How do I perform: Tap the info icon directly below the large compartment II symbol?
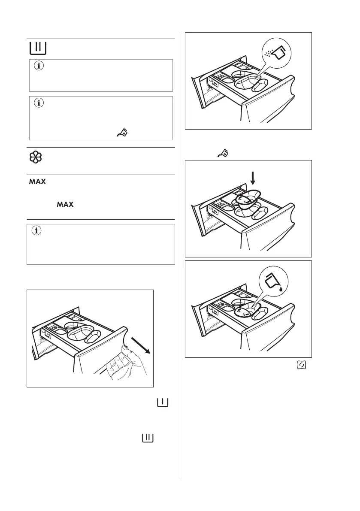coord(38,67)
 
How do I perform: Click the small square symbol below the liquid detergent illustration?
coord(302,365)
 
